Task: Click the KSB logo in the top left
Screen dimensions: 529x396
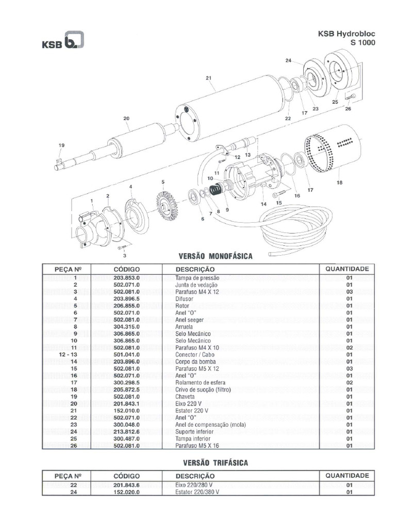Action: (x=62, y=41)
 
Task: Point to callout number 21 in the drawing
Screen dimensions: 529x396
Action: (x=209, y=79)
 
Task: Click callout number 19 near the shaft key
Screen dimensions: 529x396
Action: (x=61, y=146)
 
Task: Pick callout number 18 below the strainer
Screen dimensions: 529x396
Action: (x=339, y=182)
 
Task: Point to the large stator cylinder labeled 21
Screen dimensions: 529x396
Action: (x=232, y=106)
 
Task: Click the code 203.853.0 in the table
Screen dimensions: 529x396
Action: (x=126, y=278)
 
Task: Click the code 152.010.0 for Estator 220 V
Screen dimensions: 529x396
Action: (x=126, y=410)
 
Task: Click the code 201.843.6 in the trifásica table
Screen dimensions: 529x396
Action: (x=126, y=486)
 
